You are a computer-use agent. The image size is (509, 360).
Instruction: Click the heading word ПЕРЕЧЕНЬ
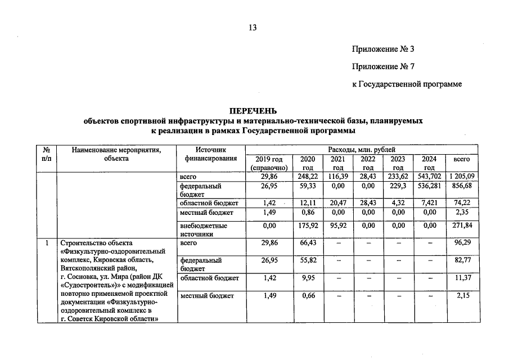point(253,110)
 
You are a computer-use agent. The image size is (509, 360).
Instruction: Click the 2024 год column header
point(429,163)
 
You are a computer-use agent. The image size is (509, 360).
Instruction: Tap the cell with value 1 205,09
point(462,177)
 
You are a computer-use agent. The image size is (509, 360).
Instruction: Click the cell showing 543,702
point(429,177)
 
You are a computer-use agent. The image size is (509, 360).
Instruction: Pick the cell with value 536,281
point(429,186)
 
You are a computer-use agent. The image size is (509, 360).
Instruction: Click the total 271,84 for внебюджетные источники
point(462,225)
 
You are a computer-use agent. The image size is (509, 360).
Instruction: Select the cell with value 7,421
point(429,202)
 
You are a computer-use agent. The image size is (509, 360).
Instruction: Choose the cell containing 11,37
point(462,278)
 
